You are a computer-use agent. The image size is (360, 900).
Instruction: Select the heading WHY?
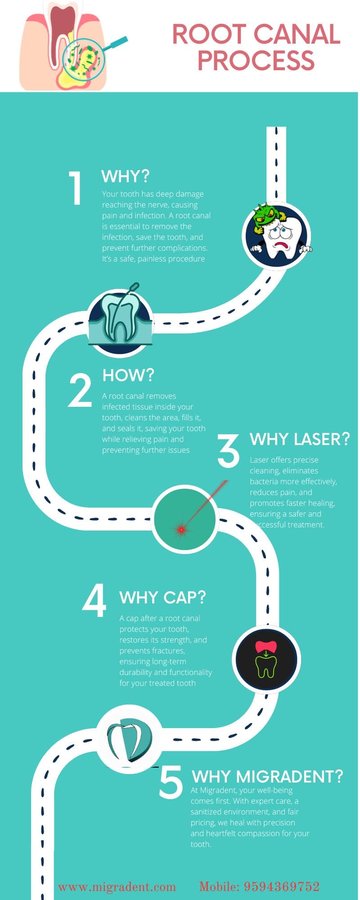(x=125, y=176)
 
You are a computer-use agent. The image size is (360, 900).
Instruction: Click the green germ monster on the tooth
(x=266, y=217)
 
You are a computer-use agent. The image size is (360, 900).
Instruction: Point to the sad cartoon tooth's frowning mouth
(x=282, y=246)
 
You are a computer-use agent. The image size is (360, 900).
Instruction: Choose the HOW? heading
(x=128, y=375)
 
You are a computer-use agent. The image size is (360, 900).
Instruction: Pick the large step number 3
(x=229, y=450)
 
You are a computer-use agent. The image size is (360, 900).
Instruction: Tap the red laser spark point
(x=181, y=530)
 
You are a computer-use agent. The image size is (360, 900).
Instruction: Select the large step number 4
(x=94, y=601)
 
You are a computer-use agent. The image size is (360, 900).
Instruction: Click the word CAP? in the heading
(x=184, y=598)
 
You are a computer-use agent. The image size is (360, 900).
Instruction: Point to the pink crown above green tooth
(x=266, y=647)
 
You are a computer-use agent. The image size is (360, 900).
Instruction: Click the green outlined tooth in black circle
(x=266, y=666)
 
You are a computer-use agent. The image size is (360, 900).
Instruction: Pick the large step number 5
(x=171, y=783)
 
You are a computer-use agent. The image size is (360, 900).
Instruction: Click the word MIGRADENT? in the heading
(x=290, y=776)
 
